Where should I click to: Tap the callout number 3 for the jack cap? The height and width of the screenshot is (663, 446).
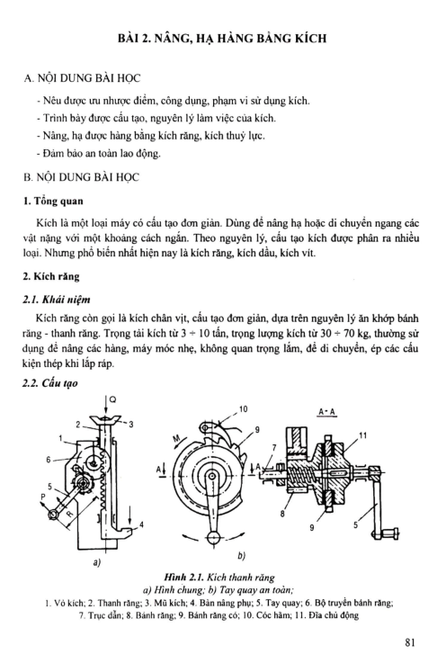tap(131, 424)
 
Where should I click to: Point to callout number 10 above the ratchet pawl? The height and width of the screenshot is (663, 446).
tap(243, 409)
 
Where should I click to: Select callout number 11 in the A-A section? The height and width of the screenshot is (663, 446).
tap(362, 435)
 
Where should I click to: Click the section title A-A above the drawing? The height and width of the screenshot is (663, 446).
tap(327, 412)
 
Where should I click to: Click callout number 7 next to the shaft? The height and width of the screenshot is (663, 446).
tap(274, 447)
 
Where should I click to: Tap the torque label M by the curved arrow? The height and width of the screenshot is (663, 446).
tap(177, 439)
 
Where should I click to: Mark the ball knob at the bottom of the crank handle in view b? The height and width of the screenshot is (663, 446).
tap(214, 537)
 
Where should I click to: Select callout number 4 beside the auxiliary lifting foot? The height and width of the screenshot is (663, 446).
tap(141, 524)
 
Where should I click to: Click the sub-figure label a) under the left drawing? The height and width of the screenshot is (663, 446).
tap(97, 563)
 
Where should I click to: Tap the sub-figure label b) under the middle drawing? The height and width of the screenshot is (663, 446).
tap(241, 556)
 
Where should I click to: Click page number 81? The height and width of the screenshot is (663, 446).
tap(410, 642)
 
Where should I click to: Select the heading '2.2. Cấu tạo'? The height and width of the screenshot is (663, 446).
tap(49, 383)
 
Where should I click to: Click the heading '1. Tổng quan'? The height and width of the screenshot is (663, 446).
tap(53, 201)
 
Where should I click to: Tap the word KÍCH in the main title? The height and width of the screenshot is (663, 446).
tap(311, 38)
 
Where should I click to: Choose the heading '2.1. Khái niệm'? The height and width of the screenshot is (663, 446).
tap(57, 300)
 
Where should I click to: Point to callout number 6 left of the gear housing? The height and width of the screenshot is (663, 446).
tap(49, 459)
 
